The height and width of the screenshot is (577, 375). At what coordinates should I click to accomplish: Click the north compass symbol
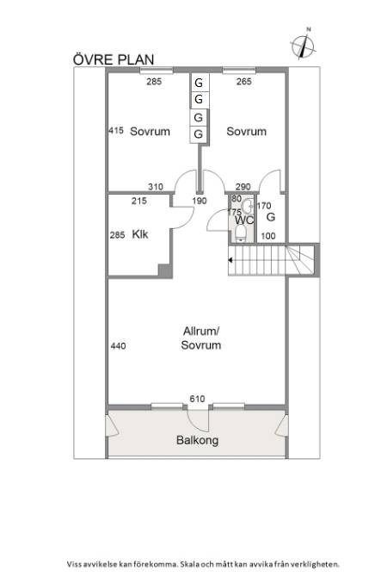pos(303,43)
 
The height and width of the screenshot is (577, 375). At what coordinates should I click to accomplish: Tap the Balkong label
pos(197,440)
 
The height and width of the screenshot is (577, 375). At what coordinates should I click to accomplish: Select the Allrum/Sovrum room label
pos(201,338)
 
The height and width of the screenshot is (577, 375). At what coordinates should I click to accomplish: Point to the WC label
pos(244,220)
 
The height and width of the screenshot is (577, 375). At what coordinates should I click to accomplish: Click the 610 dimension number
pos(198,399)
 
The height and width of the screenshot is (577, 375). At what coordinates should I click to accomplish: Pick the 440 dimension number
pos(119,346)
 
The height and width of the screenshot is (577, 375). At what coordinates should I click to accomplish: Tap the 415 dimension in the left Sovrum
pos(118,131)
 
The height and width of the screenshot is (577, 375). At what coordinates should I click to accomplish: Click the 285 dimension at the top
pos(153,83)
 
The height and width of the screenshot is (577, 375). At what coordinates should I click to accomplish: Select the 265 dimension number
pos(243,83)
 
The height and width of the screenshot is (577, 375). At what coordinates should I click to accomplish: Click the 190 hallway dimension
pos(200,202)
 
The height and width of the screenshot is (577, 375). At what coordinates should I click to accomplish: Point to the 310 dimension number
pos(156,187)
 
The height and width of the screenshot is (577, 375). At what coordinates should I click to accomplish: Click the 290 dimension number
pos(243,187)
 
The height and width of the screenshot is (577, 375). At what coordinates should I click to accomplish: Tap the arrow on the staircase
pos(231,257)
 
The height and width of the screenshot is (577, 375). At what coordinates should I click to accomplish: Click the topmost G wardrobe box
pos(199,84)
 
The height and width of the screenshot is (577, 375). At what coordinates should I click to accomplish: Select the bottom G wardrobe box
pos(199,134)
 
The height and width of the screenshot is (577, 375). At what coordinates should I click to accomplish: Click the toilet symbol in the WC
pos(246,207)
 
